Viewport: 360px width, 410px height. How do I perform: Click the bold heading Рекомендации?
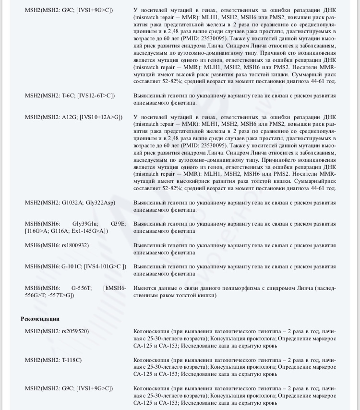pyautogui.click(x=40, y=318)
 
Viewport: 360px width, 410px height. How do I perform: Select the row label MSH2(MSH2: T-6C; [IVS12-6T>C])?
pyautogui.click(x=70, y=96)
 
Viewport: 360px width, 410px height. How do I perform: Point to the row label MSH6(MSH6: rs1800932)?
pyautogui.click(x=57, y=245)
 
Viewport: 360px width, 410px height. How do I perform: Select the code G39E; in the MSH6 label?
pyautogui.click(x=118, y=224)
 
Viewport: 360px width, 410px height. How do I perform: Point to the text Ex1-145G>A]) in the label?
pyautogui.click(x=89, y=231)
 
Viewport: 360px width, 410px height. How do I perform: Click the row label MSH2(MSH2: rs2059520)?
pyautogui.click(x=57, y=331)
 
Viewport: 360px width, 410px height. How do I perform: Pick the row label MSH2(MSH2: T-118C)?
pyautogui.click(x=53, y=360)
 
